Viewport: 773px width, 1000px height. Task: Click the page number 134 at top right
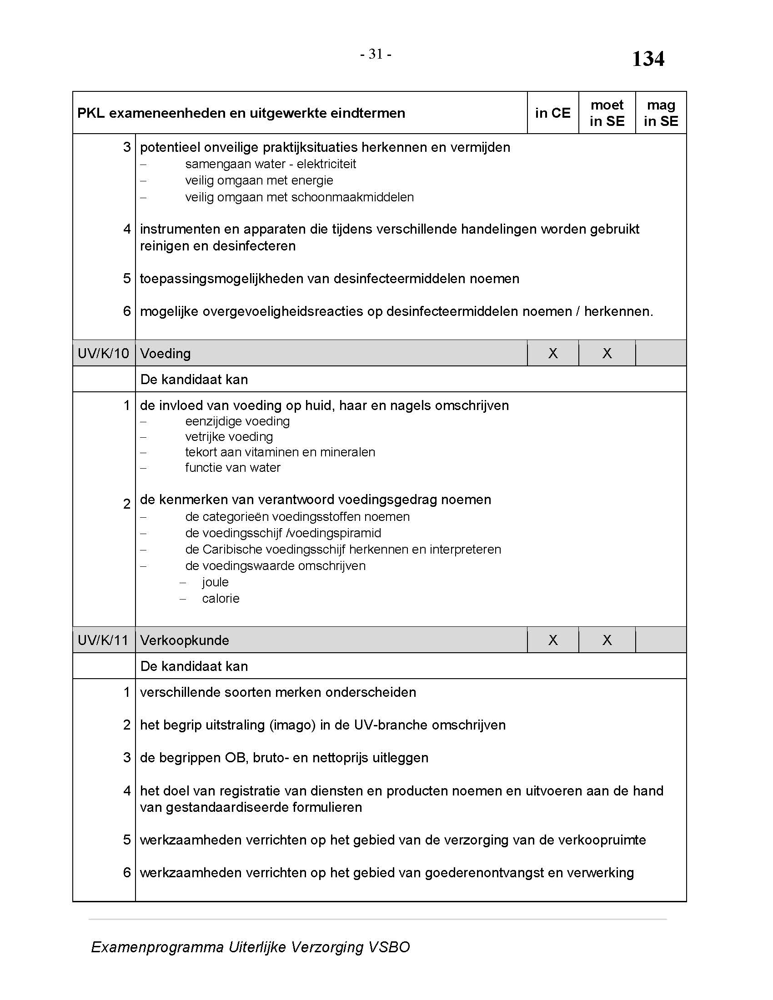coord(648,59)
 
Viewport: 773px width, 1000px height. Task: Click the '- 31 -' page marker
coord(376,55)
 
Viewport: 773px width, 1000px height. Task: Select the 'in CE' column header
coord(553,113)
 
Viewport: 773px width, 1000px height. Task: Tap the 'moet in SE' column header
coord(607,113)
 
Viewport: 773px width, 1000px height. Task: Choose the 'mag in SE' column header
coord(661,113)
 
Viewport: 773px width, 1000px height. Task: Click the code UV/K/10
coord(104,354)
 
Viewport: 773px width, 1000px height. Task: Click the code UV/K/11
coord(104,640)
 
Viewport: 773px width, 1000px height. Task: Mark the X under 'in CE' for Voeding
coord(553,354)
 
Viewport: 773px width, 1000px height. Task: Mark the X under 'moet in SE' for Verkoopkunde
coord(607,640)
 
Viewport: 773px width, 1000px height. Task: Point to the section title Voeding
coord(166,354)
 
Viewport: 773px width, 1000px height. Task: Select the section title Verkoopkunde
coord(185,640)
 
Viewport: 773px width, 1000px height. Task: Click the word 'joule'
coord(215,582)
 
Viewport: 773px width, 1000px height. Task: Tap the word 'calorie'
coord(221,599)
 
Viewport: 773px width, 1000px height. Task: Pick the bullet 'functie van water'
coord(233,468)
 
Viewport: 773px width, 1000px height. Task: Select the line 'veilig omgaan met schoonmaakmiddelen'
coord(300,197)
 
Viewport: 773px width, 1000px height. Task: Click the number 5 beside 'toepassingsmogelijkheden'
coord(127,278)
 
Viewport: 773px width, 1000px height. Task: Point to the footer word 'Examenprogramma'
coord(157,947)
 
